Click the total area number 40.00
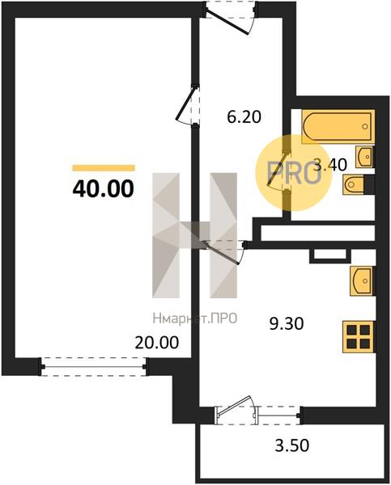coord(103,189)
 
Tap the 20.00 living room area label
coord(157,343)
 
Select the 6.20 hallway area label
coord(244,117)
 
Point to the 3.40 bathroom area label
coord(330,165)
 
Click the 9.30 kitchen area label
coord(287,324)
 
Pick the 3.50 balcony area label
coord(292,445)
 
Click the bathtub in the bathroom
coord(338,126)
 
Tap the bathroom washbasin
coord(364,157)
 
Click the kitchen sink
coord(363,280)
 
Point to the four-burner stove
coord(359,337)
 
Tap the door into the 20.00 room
coord(187,105)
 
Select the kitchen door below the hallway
coord(223,251)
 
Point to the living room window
coord(94,367)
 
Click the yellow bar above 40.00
coord(104,168)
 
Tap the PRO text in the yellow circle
coord(294,173)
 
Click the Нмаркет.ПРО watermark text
coord(195,318)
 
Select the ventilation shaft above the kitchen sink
coord(330,255)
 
